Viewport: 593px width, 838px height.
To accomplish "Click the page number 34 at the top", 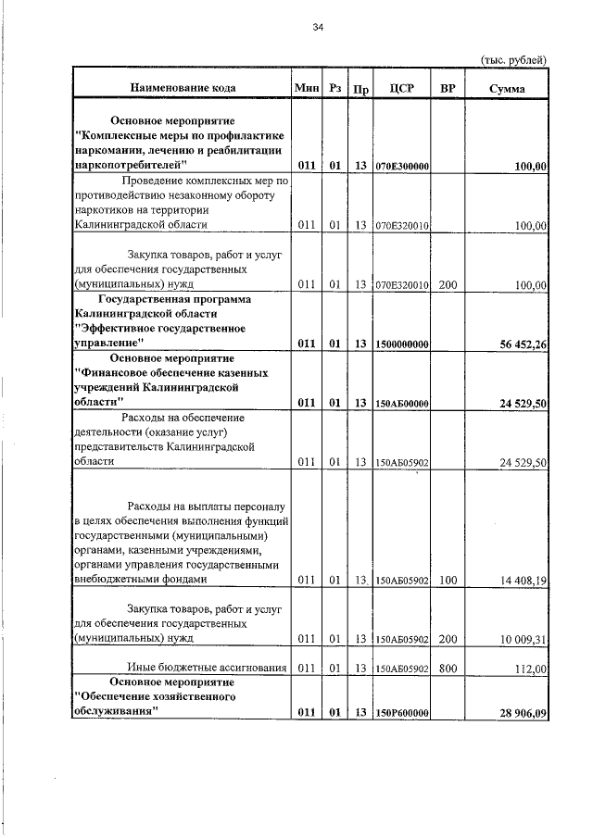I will click(317, 28).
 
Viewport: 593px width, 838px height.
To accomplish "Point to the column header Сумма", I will click(508, 89).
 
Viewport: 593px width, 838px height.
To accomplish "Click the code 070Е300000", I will click(401, 166).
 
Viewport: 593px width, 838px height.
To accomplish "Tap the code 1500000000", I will click(401, 344).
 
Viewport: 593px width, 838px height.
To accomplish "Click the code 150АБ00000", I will click(401, 403).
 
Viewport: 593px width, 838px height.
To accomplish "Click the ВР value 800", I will click(448, 668).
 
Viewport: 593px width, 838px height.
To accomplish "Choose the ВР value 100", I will click(448, 580).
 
